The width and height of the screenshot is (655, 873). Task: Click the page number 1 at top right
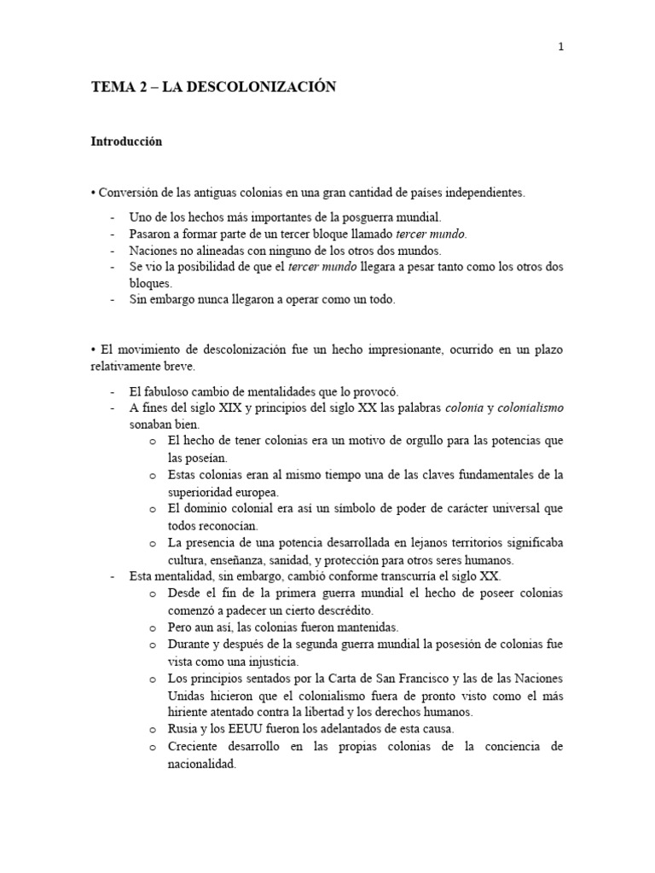(x=560, y=48)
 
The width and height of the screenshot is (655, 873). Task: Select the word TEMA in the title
(x=108, y=86)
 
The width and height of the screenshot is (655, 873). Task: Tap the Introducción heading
(x=126, y=142)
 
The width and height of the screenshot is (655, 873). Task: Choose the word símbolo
(x=344, y=509)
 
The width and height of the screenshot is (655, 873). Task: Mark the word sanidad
(x=306, y=560)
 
